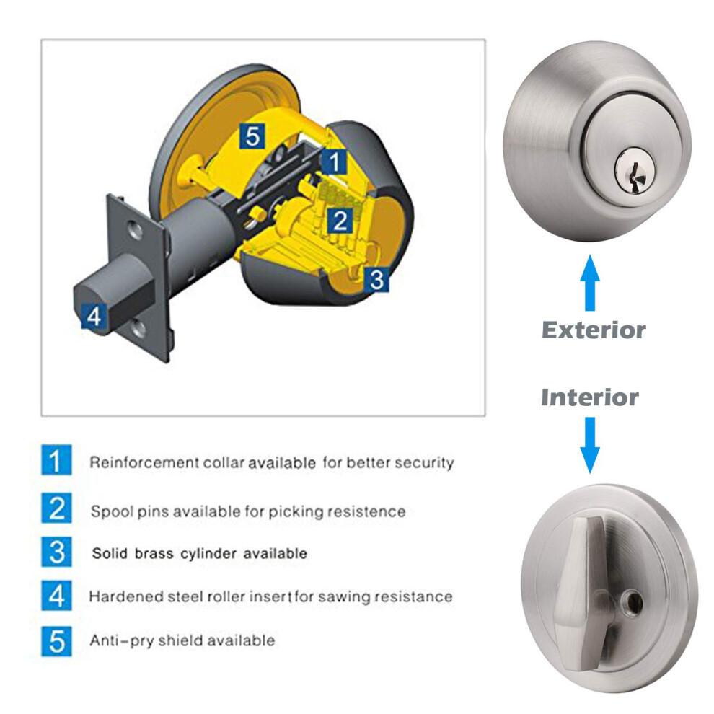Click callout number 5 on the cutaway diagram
point(252,136)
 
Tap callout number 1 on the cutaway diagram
point(335,162)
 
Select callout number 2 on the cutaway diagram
point(340,221)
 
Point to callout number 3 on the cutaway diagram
point(376,279)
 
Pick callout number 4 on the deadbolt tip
point(94,316)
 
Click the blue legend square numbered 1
point(56,460)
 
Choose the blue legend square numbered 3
point(56,552)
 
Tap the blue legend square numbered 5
point(56,642)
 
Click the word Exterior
point(594,330)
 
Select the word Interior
point(590,397)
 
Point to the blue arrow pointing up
point(590,283)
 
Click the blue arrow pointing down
point(590,445)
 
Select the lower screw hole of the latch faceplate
point(138,329)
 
